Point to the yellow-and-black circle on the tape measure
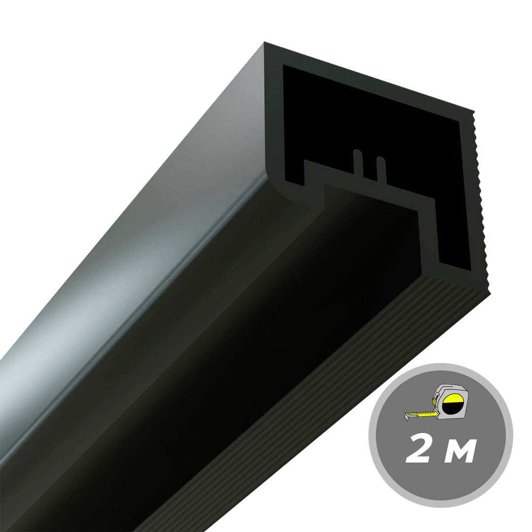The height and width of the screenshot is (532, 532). [453, 404]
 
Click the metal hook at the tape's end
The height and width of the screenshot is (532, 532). [407, 417]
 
